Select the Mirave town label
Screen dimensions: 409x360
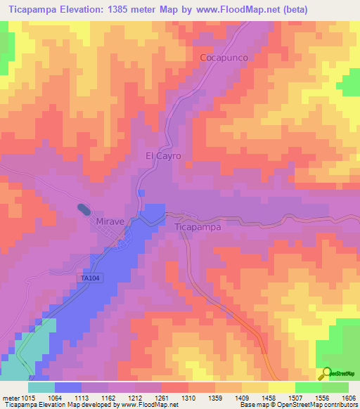[x=109, y=221]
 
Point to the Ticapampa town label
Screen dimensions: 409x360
[x=198, y=227]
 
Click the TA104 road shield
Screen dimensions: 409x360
[x=86, y=280]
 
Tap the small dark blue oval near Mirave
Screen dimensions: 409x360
[x=84, y=209]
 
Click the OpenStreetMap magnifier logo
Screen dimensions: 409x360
[x=326, y=373]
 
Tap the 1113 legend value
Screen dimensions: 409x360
[x=90, y=398]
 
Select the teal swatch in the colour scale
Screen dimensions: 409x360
[x=41, y=387]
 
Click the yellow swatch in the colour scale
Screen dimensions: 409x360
[x=281, y=387]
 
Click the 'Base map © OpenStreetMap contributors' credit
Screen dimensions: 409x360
[x=297, y=405]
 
